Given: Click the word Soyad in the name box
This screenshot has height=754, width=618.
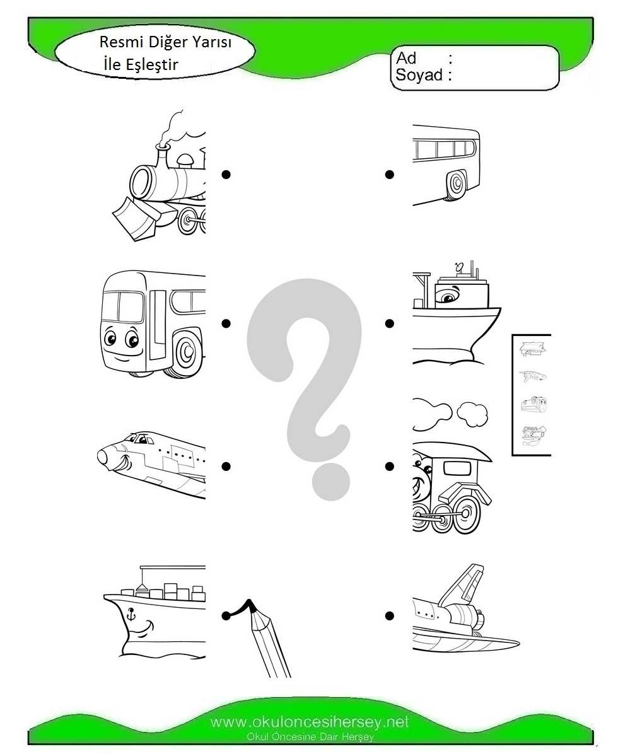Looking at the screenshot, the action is click(x=419, y=75).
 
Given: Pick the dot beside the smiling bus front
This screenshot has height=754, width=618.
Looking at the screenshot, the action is click(x=226, y=323).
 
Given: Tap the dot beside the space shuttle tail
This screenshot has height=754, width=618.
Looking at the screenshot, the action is click(x=390, y=615).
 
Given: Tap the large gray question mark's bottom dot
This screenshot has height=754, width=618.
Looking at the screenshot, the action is click(x=330, y=482).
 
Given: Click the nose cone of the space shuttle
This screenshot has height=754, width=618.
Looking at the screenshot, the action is click(x=103, y=456).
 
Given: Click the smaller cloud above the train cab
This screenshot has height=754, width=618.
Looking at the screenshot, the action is click(x=472, y=414).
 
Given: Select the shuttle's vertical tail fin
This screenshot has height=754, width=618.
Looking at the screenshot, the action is click(x=465, y=585).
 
